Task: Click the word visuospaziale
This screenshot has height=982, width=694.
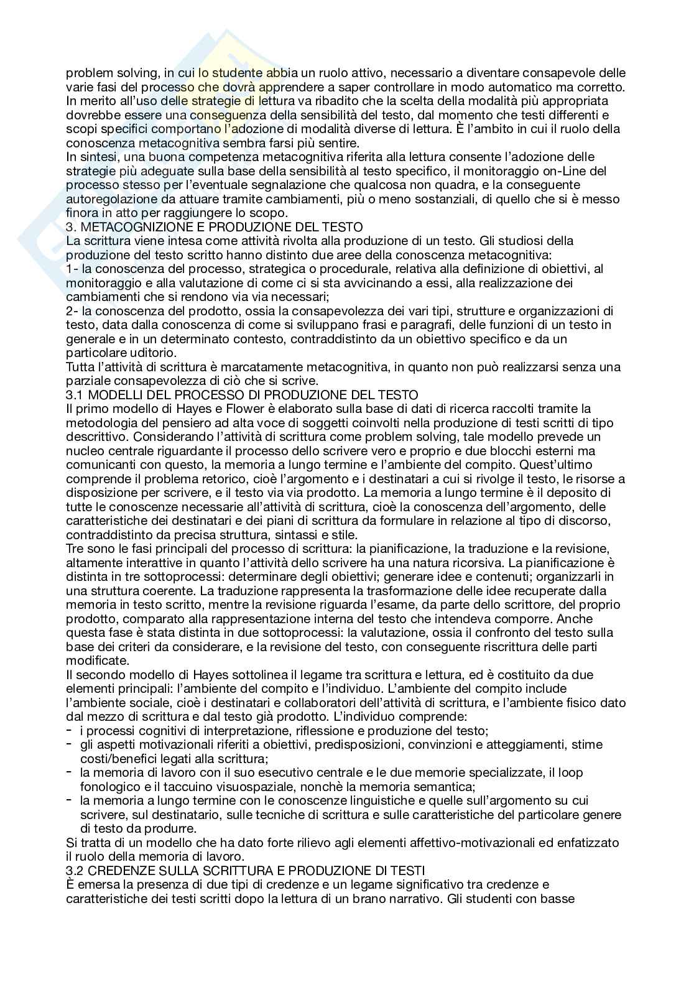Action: pos(216,787)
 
